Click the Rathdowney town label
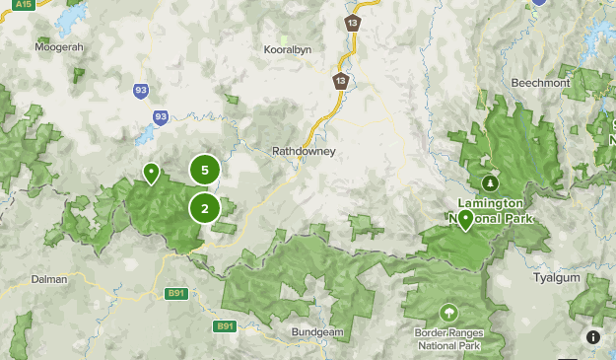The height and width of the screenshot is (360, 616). click(304, 152)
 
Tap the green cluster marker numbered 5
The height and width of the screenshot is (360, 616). click(204, 170)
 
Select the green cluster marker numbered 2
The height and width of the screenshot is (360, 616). click(204, 208)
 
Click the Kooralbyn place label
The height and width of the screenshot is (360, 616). click(288, 48)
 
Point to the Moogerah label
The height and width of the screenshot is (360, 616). click(58, 46)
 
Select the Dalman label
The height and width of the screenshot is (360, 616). click(49, 279)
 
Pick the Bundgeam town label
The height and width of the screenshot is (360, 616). click(317, 332)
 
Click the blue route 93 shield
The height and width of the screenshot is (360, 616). click(141, 92)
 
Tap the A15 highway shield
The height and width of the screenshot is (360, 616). click(23, 5)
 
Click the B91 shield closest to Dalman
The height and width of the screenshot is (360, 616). click(176, 293)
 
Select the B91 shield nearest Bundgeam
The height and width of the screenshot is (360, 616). click(226, 325)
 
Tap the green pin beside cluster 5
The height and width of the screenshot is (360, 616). click(151, 174)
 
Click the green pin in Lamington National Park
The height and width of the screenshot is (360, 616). click(465, 219)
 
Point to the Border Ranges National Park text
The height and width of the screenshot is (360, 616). click(448, 340)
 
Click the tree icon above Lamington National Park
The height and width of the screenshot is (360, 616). click(490, 182)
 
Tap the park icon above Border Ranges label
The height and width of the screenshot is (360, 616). click(448, 313)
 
